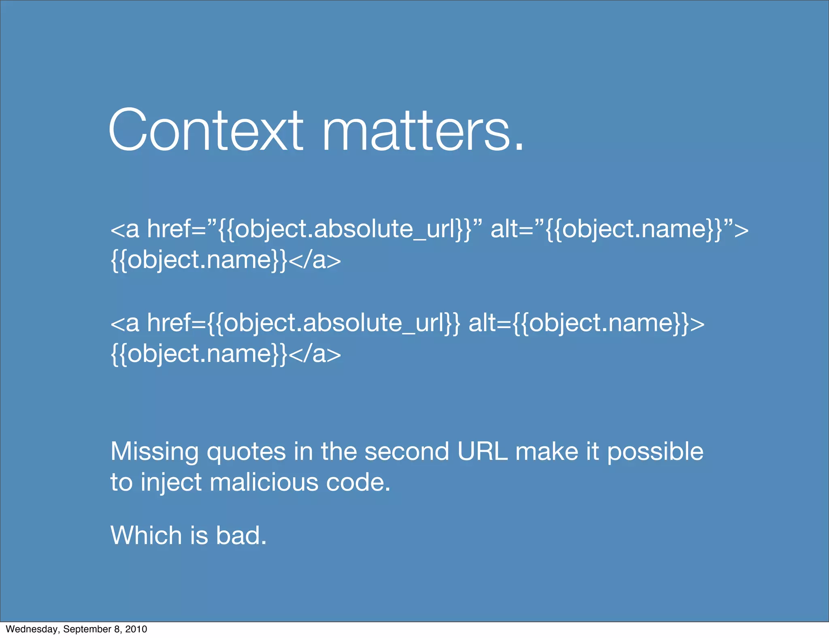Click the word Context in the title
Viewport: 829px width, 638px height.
(206, 130)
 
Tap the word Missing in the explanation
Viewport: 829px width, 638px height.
(154, 452)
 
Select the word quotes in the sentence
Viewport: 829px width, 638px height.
(246, 453)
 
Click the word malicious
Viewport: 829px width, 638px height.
(264, 483)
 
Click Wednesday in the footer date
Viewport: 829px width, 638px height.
(32, 629)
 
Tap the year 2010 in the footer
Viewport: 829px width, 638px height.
(136, 629)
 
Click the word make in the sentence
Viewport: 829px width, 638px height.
(546, 452)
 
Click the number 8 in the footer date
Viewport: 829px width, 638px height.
(117, 629)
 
